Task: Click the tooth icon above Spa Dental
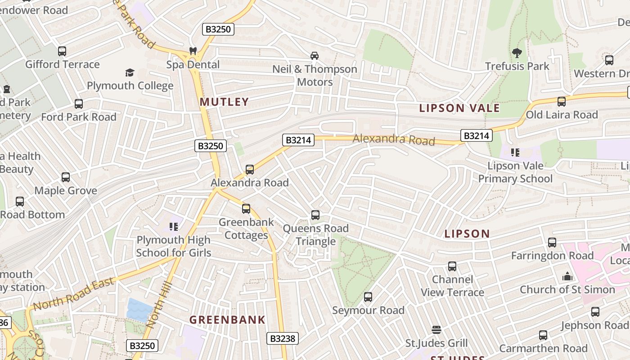(193, 51)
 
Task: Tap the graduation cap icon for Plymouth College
(130, 72)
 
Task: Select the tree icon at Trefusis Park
(517, 53)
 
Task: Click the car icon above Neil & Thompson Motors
(315, 56)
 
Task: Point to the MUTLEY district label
(224, 102)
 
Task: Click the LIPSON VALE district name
(459, 108)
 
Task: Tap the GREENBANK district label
(227, 320)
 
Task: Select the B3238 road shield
(283, 338)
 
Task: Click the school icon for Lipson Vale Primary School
(515, 153)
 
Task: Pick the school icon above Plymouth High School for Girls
(173, 226)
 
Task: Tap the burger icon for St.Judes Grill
(436, 330)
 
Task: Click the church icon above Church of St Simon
(567, 276)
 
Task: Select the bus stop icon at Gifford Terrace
(62, 51)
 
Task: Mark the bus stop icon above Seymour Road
(368, 297)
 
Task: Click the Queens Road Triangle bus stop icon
(315, 215)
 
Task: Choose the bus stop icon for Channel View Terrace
(452, 266)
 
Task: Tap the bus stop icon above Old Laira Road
(562, 102)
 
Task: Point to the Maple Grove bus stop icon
(66, 177)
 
